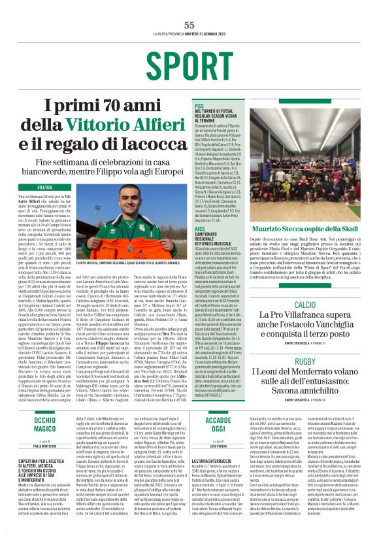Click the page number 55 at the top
pos(189,25)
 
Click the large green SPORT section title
pos(189,67)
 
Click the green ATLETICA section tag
pos(45,187)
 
